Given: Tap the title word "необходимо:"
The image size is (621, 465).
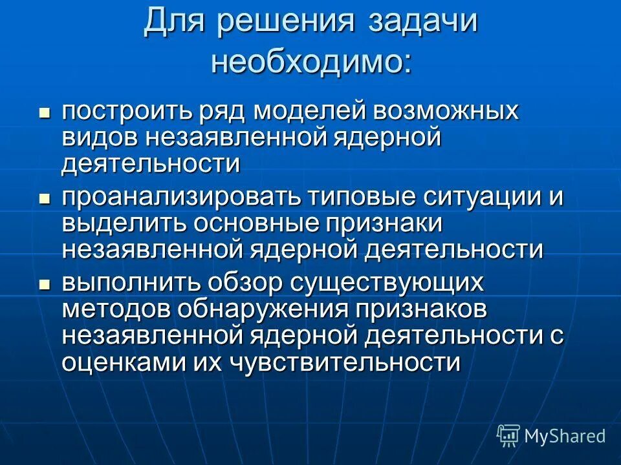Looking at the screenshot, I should [x=310, y=62].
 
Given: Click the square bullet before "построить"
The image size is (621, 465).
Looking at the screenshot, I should [x=45, y=112].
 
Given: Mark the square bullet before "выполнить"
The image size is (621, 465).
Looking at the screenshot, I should [x=45, y=284].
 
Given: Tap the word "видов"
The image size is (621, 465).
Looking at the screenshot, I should [x=100, y=138].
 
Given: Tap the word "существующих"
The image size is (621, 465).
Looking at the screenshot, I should [x=387, y=283].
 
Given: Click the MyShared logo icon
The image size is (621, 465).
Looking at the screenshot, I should [x=508, y=436].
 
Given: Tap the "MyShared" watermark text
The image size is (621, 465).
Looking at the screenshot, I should [x=565, y=436].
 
